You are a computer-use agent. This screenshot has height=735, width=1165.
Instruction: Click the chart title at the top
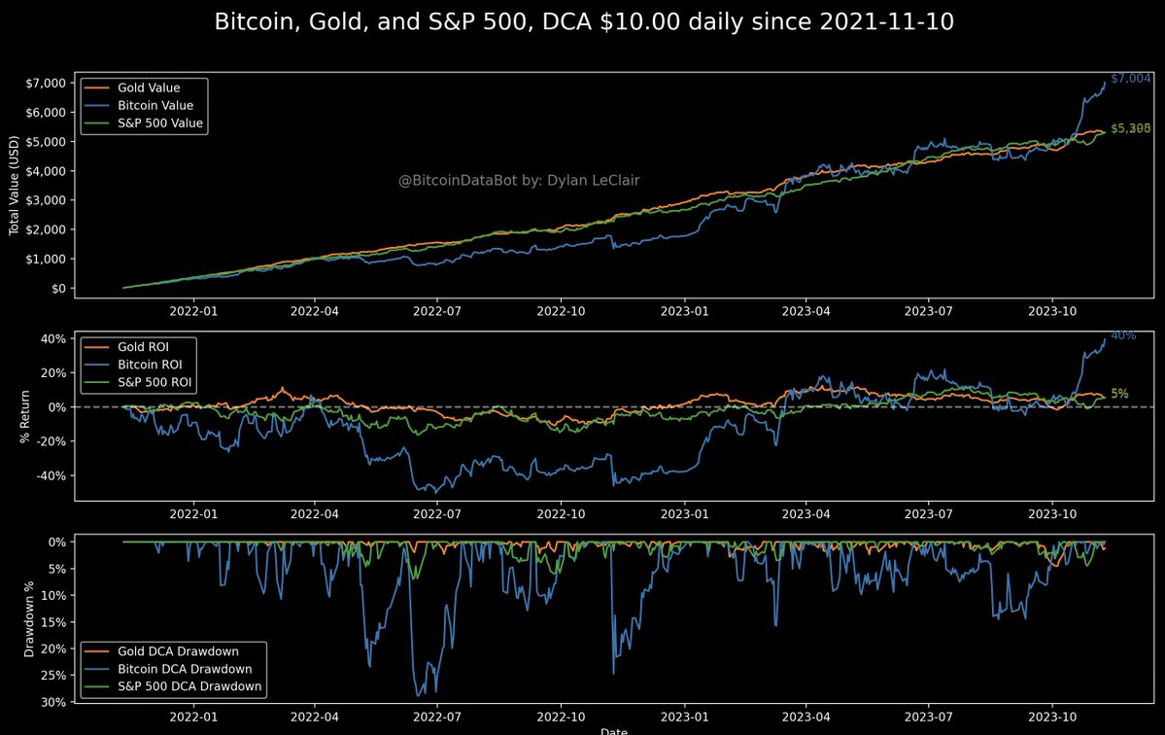[x=583, y=21]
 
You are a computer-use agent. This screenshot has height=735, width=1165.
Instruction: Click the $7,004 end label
[x=1130, y=78]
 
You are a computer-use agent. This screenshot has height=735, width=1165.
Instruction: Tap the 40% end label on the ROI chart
[x=1122, y=335]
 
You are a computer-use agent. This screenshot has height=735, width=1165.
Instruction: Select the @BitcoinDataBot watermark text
[x=519, y=180]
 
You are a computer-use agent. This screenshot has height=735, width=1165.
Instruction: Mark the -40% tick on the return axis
[x=50, y=475]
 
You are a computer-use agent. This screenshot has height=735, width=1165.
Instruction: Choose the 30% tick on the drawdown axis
[x=53, y=702]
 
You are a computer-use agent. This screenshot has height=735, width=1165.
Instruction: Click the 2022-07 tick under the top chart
[x=440, y=312]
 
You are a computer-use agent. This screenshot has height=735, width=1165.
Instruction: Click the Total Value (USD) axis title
[x=15, y=186]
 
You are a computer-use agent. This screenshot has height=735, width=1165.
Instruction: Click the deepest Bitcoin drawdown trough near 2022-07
[x=420, y=695]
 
